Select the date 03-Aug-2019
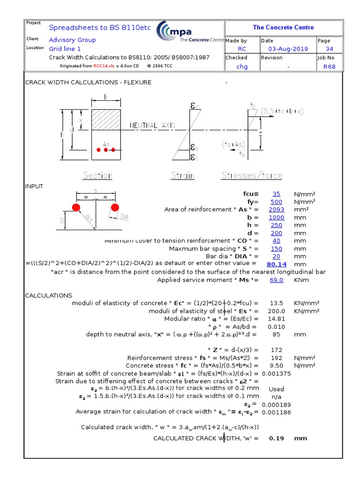288,49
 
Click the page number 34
329,49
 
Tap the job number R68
329,67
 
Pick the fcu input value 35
276,194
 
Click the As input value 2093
276,210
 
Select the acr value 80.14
276,264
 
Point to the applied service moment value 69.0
276,280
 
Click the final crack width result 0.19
276,438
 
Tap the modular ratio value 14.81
276,319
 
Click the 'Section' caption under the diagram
97,176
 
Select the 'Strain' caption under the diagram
182,176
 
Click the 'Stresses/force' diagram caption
252,176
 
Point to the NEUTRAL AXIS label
152,125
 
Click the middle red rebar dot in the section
106,150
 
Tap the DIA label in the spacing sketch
124,217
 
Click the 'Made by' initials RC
242,49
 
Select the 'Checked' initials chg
242,67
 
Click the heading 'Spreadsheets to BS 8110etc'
100,28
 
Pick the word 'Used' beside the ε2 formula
276,389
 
